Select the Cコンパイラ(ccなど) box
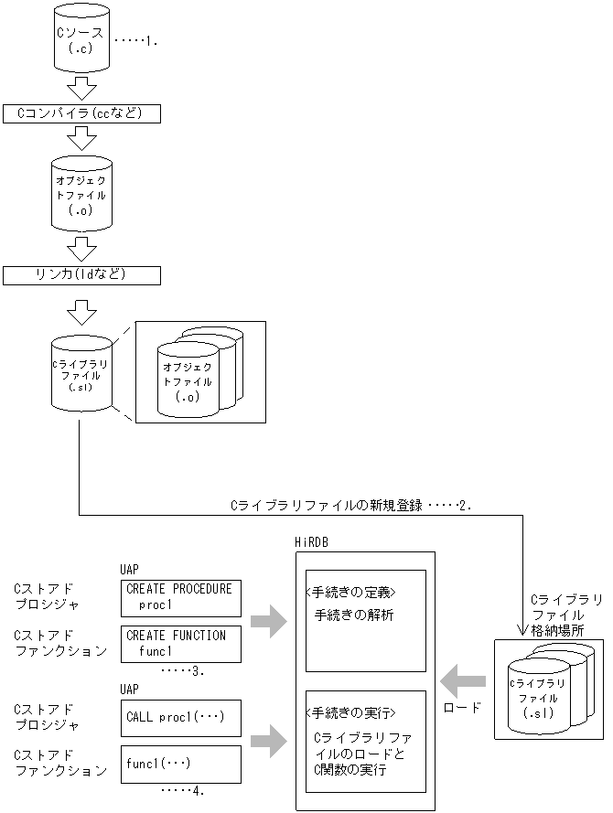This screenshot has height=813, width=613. tap(82, 113)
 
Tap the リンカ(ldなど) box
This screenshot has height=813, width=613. tap(82, 274)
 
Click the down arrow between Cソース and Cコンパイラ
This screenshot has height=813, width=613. tap(82, 89)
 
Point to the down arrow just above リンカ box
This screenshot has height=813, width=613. tap(82, 249)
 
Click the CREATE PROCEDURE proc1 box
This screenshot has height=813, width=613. tap(180, 596)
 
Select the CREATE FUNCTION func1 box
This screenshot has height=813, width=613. tap(180, 644)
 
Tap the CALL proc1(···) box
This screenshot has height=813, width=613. tap(180, 718)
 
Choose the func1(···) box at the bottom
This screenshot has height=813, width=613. tap(180, 764)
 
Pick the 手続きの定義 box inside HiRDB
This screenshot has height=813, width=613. tap(365, 620)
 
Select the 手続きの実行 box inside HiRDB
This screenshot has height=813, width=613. tap(365, 741)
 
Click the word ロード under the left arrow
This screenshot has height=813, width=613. tap(461, 707)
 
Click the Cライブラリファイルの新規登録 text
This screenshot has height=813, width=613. tap(327, 505)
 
